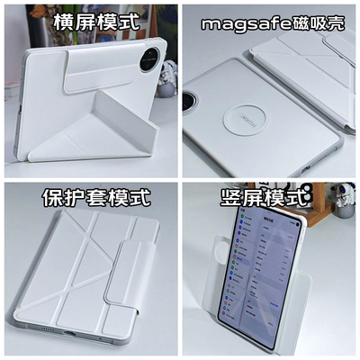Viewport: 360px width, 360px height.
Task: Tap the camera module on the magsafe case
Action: tap(193, 100)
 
